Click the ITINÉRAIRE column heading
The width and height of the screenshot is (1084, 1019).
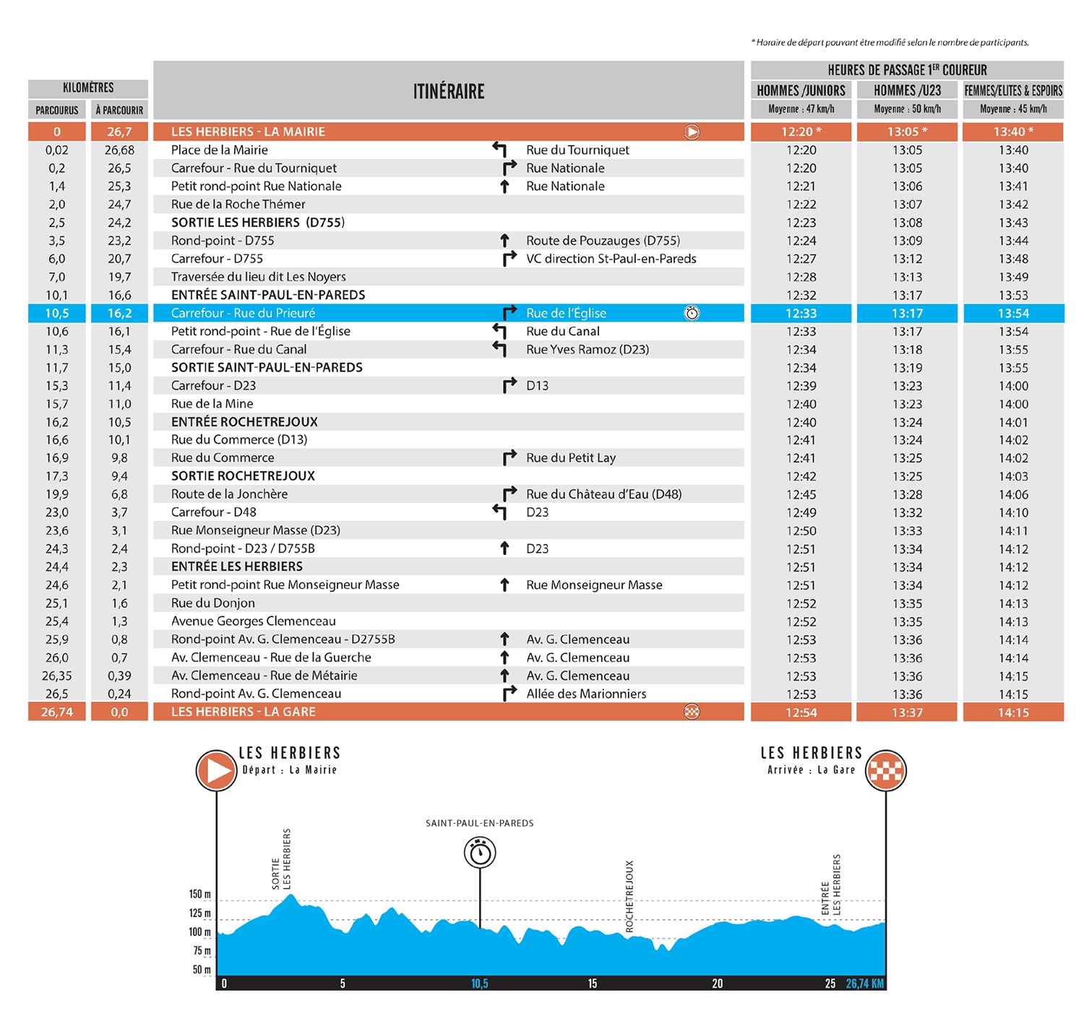point(449,92)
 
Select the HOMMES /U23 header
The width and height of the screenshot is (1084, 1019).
point(907,90)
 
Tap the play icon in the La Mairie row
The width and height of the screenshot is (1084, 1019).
point(692,132)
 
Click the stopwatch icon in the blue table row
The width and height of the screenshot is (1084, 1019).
point(692,313)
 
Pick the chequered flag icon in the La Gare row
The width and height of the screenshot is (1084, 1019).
point(692,712)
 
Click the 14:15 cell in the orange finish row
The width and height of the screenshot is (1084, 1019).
point(1013,713)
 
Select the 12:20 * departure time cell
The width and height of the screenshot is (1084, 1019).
point(801,132)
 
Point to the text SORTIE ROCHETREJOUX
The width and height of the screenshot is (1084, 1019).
point(243,476)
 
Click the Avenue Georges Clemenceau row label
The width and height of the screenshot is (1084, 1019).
point(253,621)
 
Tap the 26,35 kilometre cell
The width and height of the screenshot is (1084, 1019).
point(57,676)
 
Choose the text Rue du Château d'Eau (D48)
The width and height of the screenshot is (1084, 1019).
point(603,494)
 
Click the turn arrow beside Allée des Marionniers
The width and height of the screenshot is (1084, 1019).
point(509,693)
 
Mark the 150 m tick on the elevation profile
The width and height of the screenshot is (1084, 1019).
point(200,895)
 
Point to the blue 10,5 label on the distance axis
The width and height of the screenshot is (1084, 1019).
point(480,984)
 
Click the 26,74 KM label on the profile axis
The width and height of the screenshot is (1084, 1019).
point(865,984)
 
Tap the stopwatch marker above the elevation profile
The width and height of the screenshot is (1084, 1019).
point(480,853)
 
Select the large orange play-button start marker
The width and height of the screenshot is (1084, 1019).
point(216,770)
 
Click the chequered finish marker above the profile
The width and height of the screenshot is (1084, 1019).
point(886,770)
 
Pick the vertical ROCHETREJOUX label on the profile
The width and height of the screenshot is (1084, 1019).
point(629,896)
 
